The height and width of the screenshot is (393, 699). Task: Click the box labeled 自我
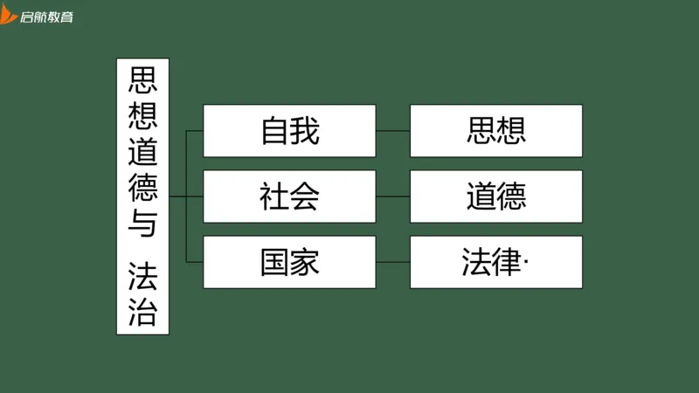pyautogui.click(x=289, y=131)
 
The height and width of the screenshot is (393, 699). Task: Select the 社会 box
pyautogui.click(x=289, y=196)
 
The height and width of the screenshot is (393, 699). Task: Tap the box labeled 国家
pyautogui.click(x=289, y=262)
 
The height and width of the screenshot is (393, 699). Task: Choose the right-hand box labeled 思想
pyautogui.click(x=495, y=131)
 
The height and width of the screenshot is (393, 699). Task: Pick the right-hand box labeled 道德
pyautogui.click(x=495, y=196)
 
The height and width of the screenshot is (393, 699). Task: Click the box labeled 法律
pyautogui.click(x=495, y=262)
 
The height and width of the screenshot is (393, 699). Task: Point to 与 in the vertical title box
pyautogui.click(x=142, y=224)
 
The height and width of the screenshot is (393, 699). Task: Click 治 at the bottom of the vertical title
pyautogui.click(x=142, y=312)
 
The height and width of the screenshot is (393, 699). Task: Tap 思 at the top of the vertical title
pyautogui.click(x=142, y=80)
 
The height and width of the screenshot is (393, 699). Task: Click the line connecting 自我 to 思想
pyautogui.click(x=393, y=131)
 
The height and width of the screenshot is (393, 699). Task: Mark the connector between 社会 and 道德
pyautogui.click(x=393, y=196)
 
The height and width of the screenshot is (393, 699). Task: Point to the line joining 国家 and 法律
pyautogui.click(x=393, y=262)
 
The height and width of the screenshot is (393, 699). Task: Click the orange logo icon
pyautogui.click(x=9, y=14)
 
